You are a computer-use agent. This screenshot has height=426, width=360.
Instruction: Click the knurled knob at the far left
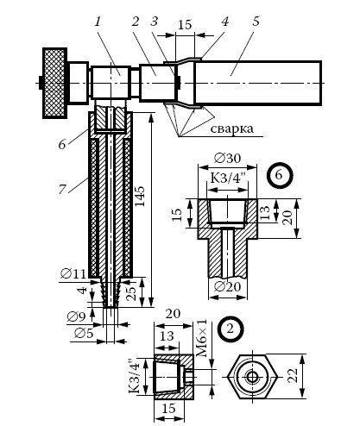tap(55, 83)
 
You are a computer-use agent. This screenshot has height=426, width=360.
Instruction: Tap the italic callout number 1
tap(98, 22)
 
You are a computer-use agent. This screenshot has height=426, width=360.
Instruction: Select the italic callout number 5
tap(256, 22)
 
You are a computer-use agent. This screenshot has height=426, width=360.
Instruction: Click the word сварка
tap(232, 128)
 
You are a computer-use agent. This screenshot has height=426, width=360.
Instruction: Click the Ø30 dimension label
tap(228, 158)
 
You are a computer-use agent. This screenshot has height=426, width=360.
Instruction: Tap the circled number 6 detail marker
tap(279, 175)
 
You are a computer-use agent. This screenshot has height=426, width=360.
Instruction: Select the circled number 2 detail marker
tap(231, 329)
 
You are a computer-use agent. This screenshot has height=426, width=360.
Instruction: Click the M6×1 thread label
tap(203, 339)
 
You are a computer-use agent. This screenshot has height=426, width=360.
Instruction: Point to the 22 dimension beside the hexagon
tap(294, 376)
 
